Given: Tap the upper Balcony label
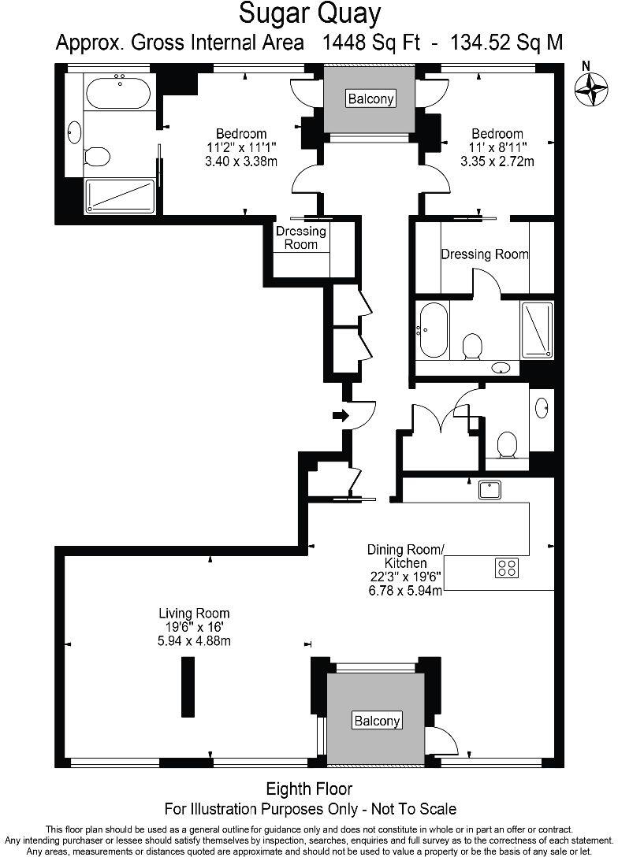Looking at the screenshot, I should (x=371, y=98).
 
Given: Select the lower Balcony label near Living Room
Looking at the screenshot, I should (x=377, y=720).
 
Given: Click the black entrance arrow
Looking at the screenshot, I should (x=341, y=415).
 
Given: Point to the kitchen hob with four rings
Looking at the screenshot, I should (x=506, y=567).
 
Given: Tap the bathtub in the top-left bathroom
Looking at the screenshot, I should (x=117, y=94).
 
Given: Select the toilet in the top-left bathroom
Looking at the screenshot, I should (x=96, y=156).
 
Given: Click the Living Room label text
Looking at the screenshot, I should (x=194, y=613).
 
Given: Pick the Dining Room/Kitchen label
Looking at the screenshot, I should (x=406, y=556).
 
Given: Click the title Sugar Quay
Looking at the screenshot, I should (x=310, y=14).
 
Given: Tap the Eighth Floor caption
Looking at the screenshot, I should (x=309, y=788).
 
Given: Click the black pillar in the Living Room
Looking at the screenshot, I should (x=188, y=686).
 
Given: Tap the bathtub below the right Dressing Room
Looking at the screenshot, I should (x=434, y=329).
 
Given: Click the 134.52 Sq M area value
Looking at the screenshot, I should (x=506, y=43).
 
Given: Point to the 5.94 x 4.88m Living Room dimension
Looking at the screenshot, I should (x=194, y=640).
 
